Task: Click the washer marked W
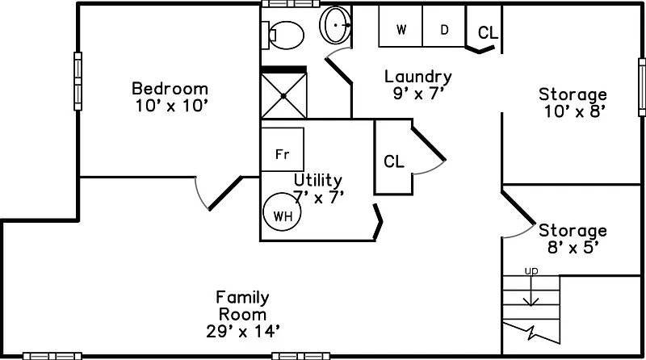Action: coord(401,30)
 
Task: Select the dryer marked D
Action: coord(444,30)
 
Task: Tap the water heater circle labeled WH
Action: coord(282,215)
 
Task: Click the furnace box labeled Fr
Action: coord(282,153)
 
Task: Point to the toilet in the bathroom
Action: coord(284,33)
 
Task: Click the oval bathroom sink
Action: coord(335,26)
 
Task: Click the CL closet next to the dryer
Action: coord(488,33)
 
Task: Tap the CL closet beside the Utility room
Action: coord(394,161)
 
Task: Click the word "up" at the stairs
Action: coord(531,270)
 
